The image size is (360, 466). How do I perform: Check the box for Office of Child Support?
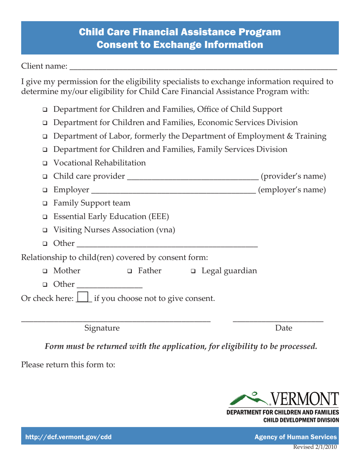point(45,110)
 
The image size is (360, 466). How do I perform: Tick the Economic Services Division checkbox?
point(45,123)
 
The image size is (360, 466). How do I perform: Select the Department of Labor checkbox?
point(45,136)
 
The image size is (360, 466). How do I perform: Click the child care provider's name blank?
point(193,177)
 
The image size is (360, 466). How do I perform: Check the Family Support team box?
point(45,203)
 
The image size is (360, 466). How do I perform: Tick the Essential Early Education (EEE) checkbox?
point(45,217)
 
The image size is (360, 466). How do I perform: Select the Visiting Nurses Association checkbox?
point(45,230)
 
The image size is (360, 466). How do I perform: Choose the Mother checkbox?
point(45,271)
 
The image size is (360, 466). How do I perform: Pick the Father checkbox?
point(130,271)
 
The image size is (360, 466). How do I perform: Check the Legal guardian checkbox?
point(193,271)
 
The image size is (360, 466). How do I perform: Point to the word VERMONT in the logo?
point(304,400)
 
